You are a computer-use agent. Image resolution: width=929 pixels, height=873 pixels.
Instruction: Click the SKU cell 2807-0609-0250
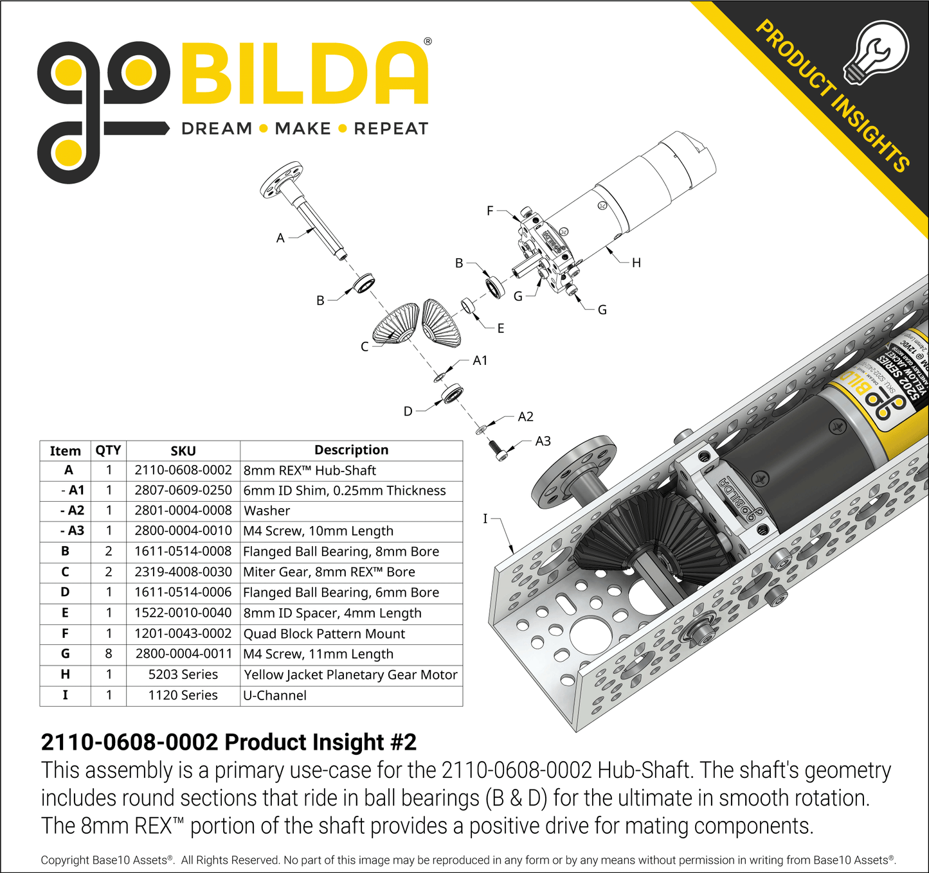tap(183, 490)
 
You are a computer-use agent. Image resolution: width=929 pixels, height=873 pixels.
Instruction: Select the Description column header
tap(351, 450)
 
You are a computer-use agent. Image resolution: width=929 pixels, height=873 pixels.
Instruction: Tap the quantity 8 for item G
tap(109, 654)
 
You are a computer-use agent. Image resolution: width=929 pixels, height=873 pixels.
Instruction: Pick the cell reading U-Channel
tap(275, 695)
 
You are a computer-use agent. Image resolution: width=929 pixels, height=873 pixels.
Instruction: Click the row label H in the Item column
tap(65, 675)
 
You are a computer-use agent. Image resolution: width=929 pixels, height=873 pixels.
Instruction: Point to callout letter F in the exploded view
tap(490, 211)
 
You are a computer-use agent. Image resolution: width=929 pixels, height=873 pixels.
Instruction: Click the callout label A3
tap(543, 441)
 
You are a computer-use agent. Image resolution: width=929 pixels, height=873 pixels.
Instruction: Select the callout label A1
tap(480, 360)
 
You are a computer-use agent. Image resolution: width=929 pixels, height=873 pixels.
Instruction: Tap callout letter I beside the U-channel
tap(485, 518)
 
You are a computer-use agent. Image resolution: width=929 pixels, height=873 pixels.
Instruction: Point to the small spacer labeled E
tap(468, 306)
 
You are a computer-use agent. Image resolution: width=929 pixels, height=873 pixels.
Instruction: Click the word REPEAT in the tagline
tap(391, 128)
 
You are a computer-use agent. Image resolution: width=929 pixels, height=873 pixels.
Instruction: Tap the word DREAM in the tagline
tap(217, 128)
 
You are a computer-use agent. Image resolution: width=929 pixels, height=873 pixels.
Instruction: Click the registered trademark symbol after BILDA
tap(428, 42)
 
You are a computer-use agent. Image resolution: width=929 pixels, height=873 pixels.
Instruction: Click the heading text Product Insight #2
tap(228, 742)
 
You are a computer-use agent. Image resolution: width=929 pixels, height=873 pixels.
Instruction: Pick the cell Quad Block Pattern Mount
tap(324, 633)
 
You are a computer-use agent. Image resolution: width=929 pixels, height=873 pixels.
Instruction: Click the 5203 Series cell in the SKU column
tap(183, 675)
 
